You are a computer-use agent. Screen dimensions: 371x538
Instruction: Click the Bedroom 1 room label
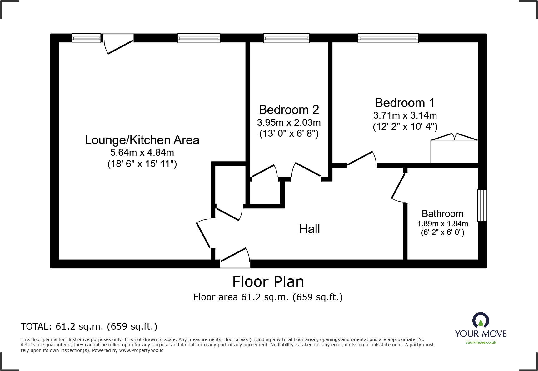point(405,103)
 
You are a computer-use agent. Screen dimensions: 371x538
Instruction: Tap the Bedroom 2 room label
point(289,110)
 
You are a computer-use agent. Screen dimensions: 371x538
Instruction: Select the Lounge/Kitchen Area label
point(142,140)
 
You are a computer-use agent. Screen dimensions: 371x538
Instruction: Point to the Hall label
point(309,229)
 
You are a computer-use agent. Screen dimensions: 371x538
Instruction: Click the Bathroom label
point(442,214)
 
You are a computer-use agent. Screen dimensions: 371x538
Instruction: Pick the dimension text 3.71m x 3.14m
point(405,115)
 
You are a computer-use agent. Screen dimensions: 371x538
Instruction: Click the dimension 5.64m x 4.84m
point(142,153)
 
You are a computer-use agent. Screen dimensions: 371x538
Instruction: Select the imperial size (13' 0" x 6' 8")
point(289,134)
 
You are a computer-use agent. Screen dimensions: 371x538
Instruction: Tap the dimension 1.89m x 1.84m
point(442,224)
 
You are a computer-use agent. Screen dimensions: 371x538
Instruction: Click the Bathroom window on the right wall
point(482,205)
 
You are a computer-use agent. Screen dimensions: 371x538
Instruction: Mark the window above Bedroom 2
point(286,38)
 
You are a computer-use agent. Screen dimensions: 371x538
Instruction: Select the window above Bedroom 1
point(388,38)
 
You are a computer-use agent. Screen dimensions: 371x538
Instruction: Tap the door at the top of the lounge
point(118,44)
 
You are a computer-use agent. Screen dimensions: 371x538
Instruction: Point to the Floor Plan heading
point(268,282)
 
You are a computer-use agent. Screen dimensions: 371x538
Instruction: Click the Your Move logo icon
point(481,320)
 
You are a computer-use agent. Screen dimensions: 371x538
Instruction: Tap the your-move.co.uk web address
point(481,342)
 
